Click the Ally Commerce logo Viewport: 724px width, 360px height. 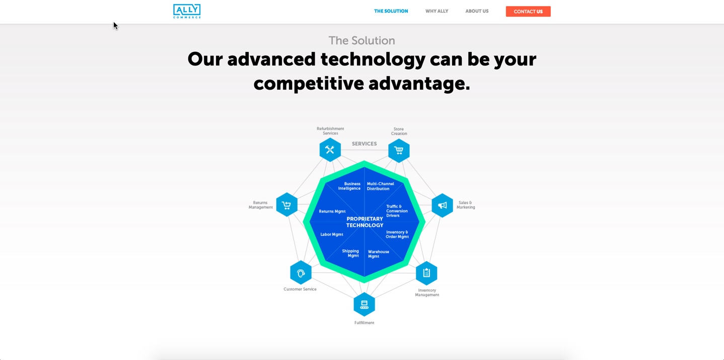tap(187, 11)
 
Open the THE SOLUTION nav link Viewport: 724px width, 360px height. tap(391, 11)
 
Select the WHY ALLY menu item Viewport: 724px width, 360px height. tap(437, 11)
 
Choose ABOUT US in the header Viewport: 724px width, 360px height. tap(477, 11)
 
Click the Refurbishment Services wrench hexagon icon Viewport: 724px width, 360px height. tap(330, 150)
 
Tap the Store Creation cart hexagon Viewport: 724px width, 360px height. tap(399, 150)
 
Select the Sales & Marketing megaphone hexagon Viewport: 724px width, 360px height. tap(442, 205)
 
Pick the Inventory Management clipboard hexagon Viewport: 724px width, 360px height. tap(426, 273)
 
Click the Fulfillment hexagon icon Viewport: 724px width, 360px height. tap(364, 304)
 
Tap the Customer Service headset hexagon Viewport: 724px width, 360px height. tap(301, 273)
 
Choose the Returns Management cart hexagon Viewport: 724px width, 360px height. tap(286, 205)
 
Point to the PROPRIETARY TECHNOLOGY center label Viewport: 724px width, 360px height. tap(365, 222)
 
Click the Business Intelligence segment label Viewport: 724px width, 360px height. tap(349, 186)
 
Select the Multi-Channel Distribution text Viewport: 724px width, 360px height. tap(380, 186)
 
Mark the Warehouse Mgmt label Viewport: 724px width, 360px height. tap(378, 254)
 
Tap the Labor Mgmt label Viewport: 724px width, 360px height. tap(332, 235)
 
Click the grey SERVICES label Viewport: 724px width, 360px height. tap(364, 144)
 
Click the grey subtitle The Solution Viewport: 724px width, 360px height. tap(361, 41)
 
